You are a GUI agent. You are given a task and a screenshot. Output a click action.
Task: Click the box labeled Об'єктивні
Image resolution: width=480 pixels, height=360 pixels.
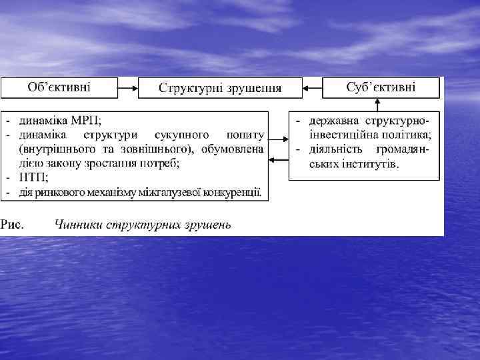tap(59, 87)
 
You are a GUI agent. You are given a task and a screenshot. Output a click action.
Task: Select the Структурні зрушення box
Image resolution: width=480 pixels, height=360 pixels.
tap(219, 88)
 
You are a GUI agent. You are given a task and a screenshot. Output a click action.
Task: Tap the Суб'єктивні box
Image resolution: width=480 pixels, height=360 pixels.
tap(381, 87)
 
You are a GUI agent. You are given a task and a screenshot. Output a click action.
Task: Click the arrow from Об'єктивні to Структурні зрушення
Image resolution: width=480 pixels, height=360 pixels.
tap(127, 87)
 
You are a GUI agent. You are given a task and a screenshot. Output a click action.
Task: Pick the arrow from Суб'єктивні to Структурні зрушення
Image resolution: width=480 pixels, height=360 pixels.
tap(312, 87)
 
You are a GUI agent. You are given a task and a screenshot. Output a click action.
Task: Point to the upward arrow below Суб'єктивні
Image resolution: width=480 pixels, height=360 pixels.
tap(378, 103)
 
